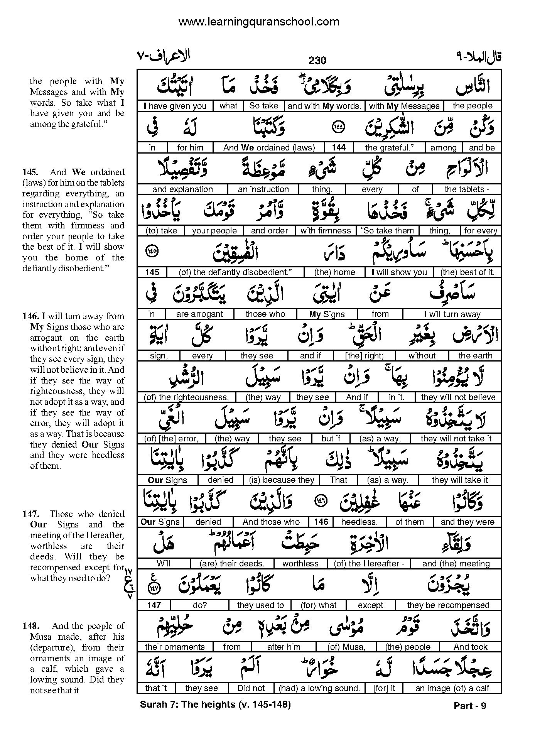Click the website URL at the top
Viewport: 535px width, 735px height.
pyautogui.click(x=259, y=22)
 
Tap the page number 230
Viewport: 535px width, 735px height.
pyautogui.click(x=317, y=61)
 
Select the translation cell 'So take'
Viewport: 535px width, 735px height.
pyautogui.click(x=264, y=106)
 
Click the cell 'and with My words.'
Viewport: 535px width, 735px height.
pyautogui.click(x=324, y=106)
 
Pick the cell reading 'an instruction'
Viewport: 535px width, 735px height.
pyautogui.click(x=263, y=189)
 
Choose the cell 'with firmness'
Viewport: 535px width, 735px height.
pyautogui.click(x=325, y=231)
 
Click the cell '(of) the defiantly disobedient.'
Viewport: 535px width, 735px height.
pyautogui.click(x=235, y=272)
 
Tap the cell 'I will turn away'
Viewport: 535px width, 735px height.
pyautogui.click(x=452, y=314)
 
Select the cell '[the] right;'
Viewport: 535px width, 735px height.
pyautogui.click(x=364, y=356)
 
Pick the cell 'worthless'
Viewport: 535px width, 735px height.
pyautogui.click(x=300, y=564)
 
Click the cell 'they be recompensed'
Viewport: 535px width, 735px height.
pyautogui.click(x=448, y=605)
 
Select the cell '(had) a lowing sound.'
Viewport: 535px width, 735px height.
pyautogui.click(x=319, y=688)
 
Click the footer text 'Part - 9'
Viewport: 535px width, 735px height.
pyautogui.click(x=470, y=706)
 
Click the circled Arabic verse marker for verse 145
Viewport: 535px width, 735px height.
pyautogui.click(x=152, y=252)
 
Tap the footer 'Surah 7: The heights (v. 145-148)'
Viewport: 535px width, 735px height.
pyautogui.click(x=215, y=705)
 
